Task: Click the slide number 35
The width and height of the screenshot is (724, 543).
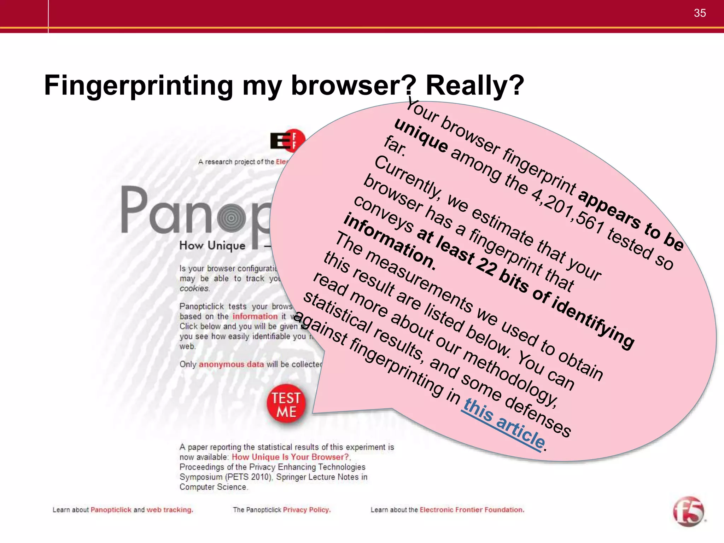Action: pyautogui.click(x=700, y=13)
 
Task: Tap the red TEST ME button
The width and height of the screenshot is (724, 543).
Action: pyautogui.click(x=286, y=405)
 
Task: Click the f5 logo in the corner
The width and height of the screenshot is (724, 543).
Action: pyautogui.click(x=688, y=512)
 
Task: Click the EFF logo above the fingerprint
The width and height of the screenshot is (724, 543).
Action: pyautogui.click(x=287, y=141)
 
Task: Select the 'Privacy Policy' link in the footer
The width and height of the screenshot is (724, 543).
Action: pyautogui.click(x=306, y=510)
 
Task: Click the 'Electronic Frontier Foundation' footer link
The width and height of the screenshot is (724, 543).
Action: pyautogui.click(x=472, y=510)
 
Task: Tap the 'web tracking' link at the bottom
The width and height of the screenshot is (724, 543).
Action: pyautogui.click(x=169, y=510)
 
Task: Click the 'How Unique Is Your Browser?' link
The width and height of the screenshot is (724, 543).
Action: pyautogui.click(x=290, y=457)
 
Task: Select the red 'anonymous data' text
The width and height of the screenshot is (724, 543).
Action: pyautogui.click(x=231, y=364)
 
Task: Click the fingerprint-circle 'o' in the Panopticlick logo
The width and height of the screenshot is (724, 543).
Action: pyautogui.click(x=231, y=218)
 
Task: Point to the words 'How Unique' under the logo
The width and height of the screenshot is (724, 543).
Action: pyautogui.click(x=212, y=245)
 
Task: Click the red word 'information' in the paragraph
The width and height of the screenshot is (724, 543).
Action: pyautogui.click(x=255, y=316)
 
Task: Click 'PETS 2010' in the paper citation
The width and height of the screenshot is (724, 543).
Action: pyautogui.click(x=250, y=477)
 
